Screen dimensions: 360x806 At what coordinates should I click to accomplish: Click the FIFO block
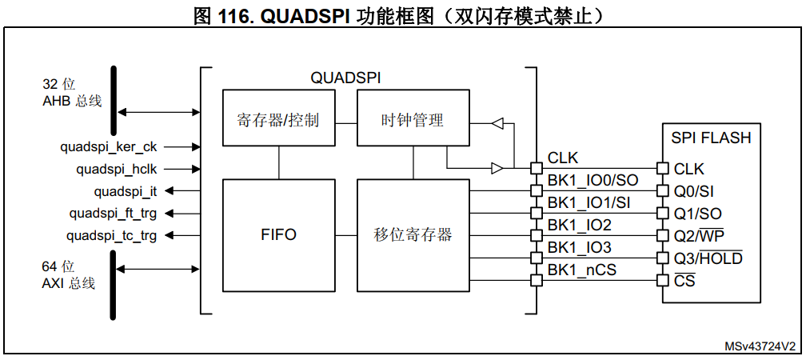point(278,235)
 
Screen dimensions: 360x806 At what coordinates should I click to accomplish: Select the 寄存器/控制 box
point(278,119)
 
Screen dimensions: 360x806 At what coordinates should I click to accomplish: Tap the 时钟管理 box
point(413,119)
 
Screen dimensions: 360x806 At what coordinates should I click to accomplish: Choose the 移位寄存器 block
point(413,235)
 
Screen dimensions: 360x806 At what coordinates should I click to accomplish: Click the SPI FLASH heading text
point(711,138)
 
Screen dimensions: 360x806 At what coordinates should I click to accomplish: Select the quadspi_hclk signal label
point(117,169)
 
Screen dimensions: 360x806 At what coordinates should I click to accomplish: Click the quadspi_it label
point(126,191)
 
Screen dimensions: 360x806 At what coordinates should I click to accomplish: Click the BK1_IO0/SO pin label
point(593,181)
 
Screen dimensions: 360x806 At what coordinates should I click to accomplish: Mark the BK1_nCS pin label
point(582,270)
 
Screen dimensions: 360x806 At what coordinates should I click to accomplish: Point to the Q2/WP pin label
point(699,236)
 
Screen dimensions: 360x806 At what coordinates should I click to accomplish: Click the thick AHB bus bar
point(114,102)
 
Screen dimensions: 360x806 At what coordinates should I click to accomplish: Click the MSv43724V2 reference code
point(760,346)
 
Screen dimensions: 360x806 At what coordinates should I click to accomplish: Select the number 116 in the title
point(237,14)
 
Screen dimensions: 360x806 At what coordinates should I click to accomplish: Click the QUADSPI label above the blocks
point(345,78)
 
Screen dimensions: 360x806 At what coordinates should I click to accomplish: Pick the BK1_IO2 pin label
point(580,225)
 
